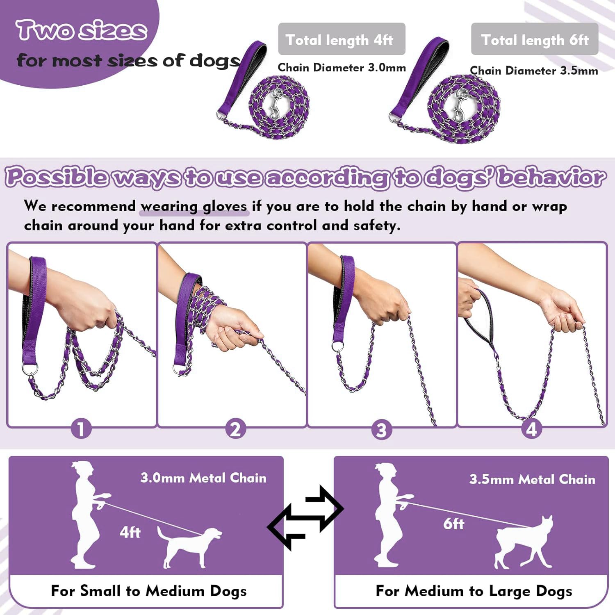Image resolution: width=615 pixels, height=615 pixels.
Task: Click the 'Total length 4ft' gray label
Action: click(x=341, y=39)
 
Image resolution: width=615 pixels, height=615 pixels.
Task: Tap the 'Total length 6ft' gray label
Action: click(x=534, y=39)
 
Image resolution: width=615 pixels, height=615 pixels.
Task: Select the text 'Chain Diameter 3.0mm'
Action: click(x=342, y=68)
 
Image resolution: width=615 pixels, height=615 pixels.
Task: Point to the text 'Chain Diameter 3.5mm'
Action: click(x=533, y=71)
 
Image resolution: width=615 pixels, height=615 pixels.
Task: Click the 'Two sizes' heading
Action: click(x=81, y=30)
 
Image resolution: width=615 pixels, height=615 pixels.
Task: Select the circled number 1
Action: click(x=81, y=429)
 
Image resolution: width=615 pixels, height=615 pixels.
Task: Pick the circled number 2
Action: click(x=235, y=429)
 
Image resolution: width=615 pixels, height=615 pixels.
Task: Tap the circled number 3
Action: click(x=381, y=430)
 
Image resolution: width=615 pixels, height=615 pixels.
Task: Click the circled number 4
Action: click(x=531, y=429)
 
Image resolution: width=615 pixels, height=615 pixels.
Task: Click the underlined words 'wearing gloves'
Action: click(x=194, y=206)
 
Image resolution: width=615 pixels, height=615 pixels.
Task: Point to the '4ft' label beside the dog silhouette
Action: click(x=130, y=532)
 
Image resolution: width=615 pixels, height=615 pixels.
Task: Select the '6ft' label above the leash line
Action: click(x=453, y=524)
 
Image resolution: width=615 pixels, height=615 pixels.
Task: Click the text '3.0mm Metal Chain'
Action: click(x=203, y=478)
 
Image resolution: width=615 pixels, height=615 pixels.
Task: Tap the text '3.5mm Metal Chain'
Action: click(x=532, y=479)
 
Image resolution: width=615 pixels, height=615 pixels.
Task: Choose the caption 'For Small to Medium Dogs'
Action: click(x=149, y=591)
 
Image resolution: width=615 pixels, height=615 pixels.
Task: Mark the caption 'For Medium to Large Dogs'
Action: click(x=474, y=591)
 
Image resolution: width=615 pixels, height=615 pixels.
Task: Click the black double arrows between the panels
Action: click(x=305, y=517)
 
